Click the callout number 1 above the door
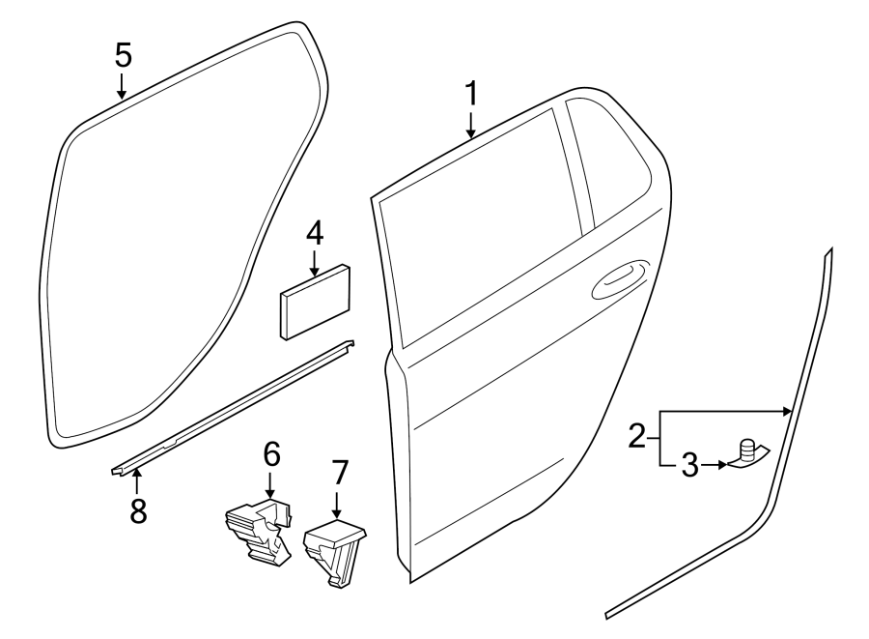coord(471,95)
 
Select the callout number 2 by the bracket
coord(636,437)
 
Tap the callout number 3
coord(689,465)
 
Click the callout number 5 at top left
coord(122,55)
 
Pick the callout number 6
coord(270,452)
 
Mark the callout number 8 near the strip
coord(138,509)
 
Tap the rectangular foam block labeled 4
coord(314,302)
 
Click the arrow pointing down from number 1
coord(471,126)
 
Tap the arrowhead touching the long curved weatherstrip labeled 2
coord(789,412)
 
